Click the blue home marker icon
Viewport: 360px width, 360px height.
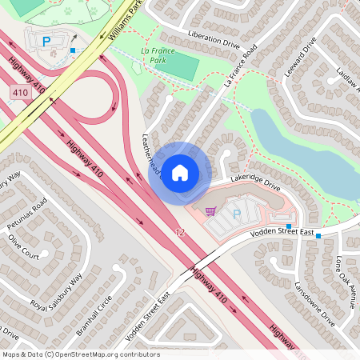pos(180,171)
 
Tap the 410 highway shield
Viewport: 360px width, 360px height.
pos(21,94)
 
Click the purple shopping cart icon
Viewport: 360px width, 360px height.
pos(210,211)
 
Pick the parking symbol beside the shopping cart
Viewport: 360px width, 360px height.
pos(236,214)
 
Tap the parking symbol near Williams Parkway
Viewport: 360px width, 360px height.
pos(46,41)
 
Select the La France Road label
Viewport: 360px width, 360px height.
pos(241,65)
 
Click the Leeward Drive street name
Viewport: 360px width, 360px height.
pos(300,56)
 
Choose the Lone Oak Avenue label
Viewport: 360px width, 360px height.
pos(346,281)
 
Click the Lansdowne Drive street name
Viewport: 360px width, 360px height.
pos(314,301)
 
